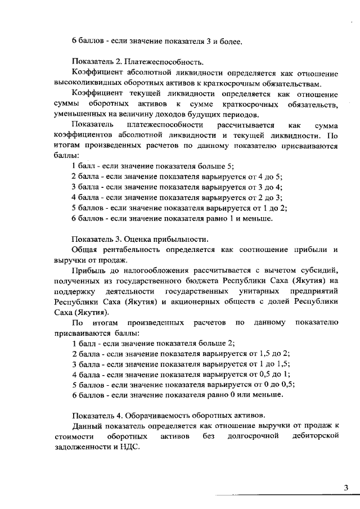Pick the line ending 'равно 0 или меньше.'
pyautogui.click(x=177, y=395)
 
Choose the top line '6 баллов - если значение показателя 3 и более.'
pyautogui.click(x=157, y=40)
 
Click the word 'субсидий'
pyautogui.click(x=318, y=269)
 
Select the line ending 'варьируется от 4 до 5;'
pyautogui.click(x=177, y=176)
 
